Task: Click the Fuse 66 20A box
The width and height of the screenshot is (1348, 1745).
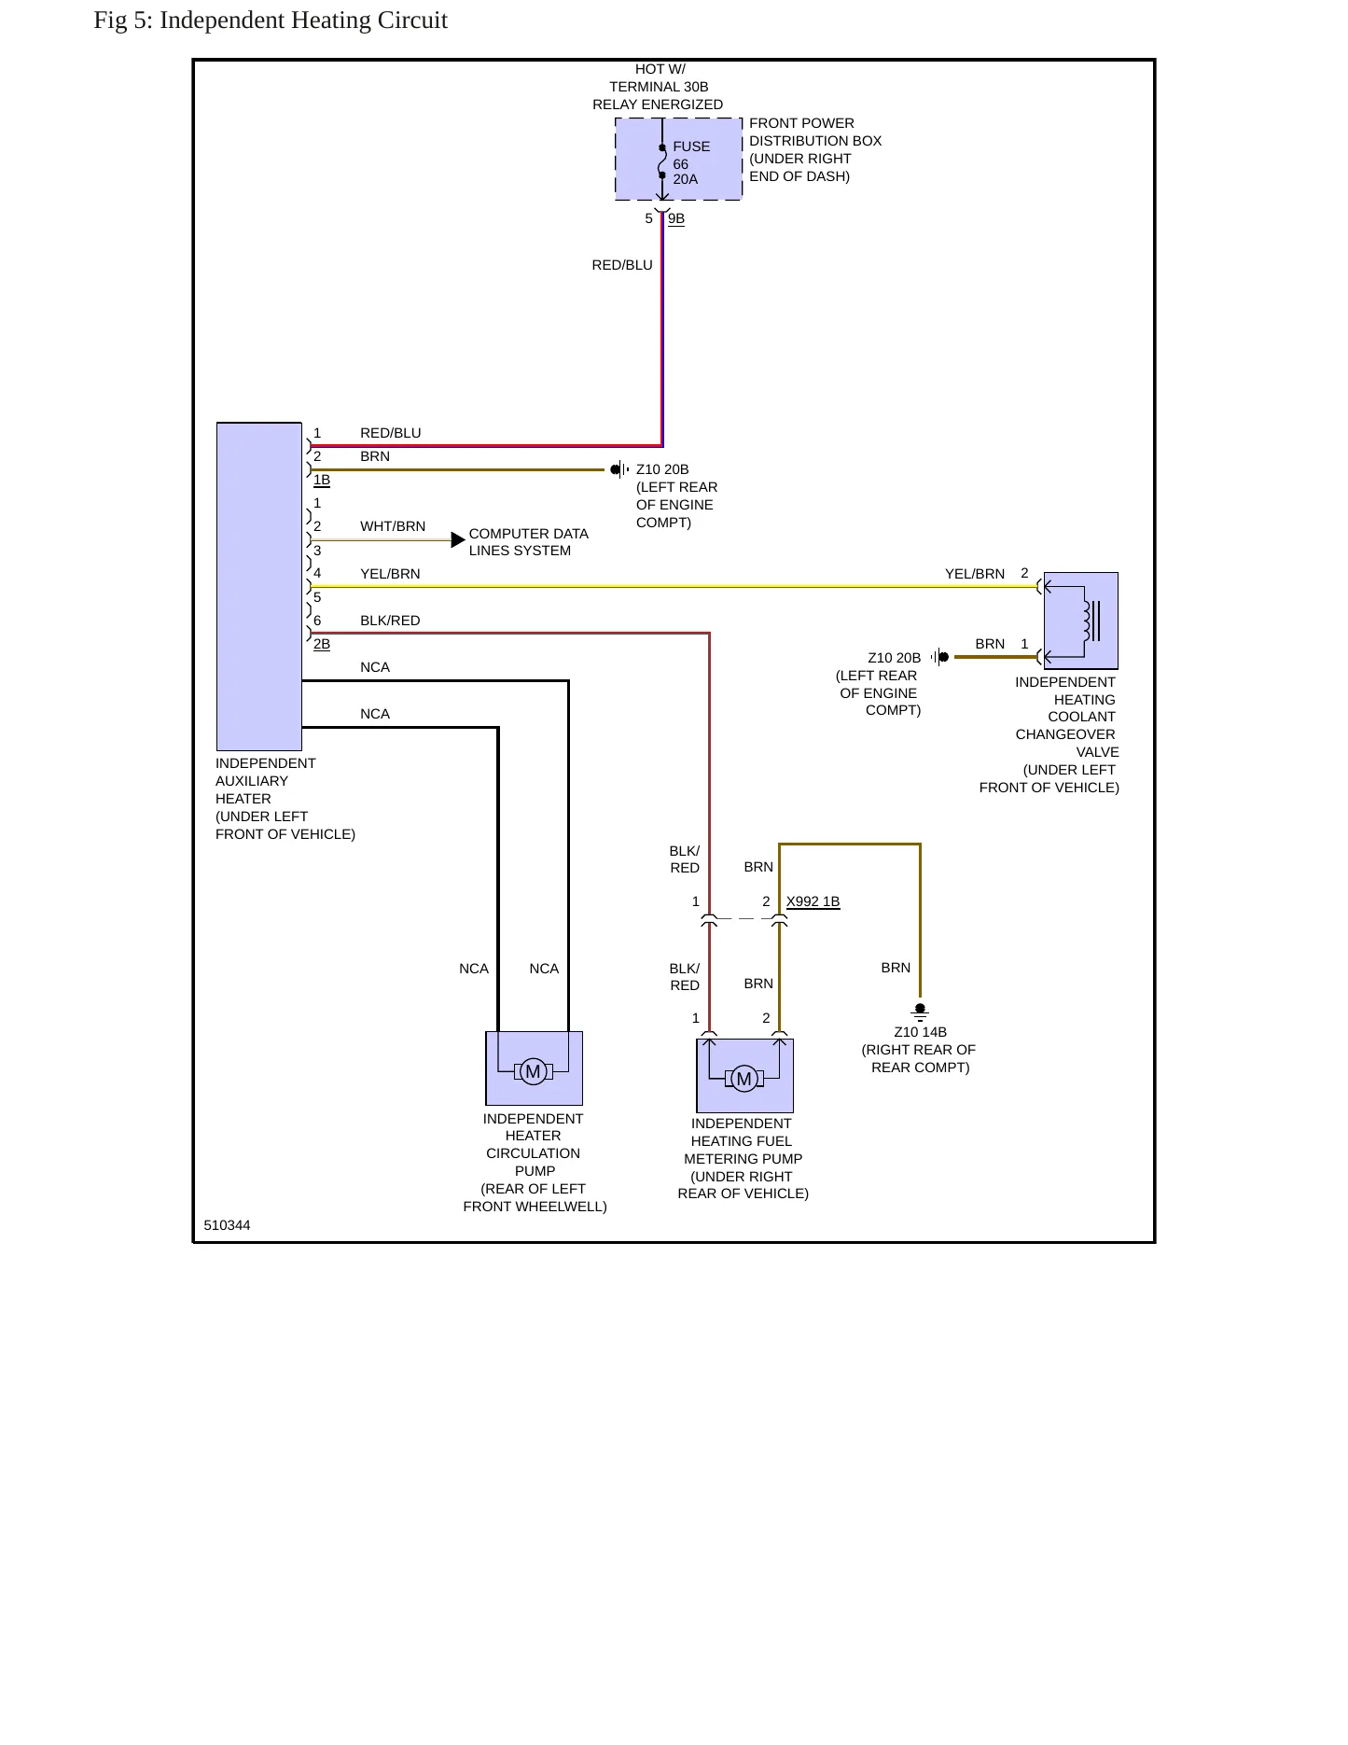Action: (x=678, y=159)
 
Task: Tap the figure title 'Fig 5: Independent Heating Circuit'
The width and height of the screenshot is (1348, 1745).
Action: (x=271, y=21)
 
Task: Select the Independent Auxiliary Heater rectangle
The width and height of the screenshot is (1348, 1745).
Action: (x=259, y=586)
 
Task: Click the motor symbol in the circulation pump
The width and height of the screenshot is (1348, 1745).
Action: (x=534, y=1071)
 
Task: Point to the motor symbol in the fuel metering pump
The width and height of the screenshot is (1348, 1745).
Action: (x=744, y=1079)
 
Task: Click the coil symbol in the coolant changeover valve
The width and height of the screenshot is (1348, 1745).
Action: (x=1087, y=621)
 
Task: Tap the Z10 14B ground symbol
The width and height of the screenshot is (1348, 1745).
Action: (x=920, y=1012)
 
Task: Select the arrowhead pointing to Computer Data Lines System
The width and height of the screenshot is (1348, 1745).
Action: (x=458, y=539)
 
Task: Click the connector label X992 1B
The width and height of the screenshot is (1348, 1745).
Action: (x=813, y=901)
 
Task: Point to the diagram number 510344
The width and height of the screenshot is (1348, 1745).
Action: (x=227, y=1225)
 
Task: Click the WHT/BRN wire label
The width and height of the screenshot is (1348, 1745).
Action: (x=393, y=526)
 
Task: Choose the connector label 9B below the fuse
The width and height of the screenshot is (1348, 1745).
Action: (x=676, y=218)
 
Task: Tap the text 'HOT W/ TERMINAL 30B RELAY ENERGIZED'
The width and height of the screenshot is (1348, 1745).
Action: (x=658, y=87)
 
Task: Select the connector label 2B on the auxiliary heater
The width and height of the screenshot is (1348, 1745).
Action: (x=322, y=644)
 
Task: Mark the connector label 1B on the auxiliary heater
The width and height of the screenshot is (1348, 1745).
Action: (x=322, y=480)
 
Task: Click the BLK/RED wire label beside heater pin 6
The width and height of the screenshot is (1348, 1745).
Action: (x=390, y=621)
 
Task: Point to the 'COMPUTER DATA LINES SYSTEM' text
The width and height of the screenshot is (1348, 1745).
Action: (x=529, y=542)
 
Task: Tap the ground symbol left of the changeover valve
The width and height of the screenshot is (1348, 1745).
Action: (x=940, y=657)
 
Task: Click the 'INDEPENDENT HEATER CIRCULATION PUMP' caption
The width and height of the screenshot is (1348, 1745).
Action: (x=535, y=1145)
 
